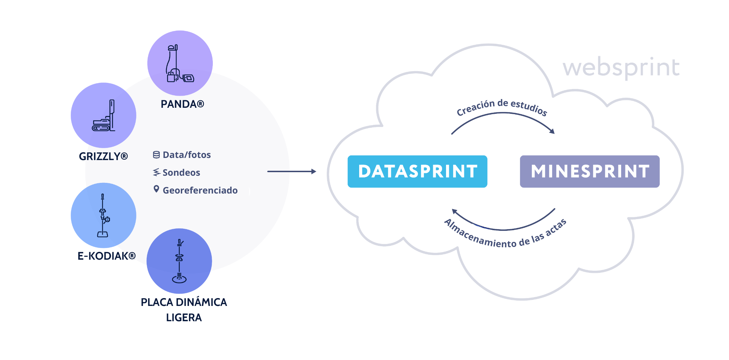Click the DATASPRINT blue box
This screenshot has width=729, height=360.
point(417,171)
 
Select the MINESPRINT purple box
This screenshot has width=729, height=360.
point(589,171)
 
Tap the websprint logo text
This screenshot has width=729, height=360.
point(621,67)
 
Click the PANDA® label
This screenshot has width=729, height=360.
point(182,104)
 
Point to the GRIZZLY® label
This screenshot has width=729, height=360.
point(103,157)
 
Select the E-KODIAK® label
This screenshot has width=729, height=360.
point(106,256)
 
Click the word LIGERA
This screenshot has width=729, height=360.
point(184,318)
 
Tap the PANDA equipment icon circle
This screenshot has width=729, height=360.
point(180,63)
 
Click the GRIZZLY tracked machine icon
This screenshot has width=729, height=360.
point(104,116)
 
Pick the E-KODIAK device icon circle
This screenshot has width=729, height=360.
point(103,216)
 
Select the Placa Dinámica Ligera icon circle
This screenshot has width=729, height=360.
point(179,261)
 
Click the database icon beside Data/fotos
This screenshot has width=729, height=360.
point(156,155)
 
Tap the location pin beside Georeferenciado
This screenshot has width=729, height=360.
point(156,189)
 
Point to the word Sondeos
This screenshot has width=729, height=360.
point(181,173)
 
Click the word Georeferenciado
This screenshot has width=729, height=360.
point(200,191)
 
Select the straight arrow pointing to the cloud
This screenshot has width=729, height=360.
point(292,171)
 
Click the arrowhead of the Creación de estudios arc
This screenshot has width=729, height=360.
point(552,132)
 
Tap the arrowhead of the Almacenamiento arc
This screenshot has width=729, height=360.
point(454,212)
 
